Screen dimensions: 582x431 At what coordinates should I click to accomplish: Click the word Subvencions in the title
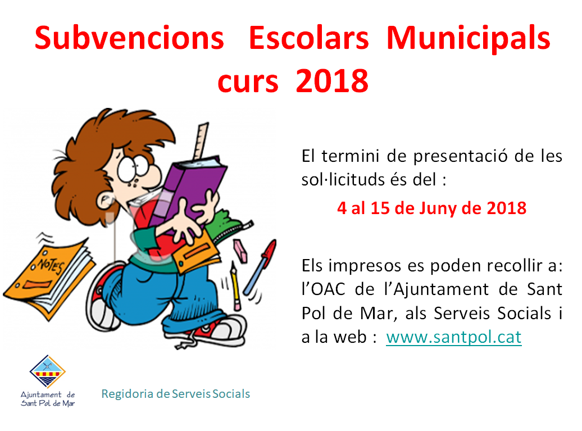point(129,38)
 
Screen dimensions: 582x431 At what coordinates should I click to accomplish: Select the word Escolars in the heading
point(308,38)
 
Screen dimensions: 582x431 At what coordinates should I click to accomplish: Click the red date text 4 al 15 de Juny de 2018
point(431,208)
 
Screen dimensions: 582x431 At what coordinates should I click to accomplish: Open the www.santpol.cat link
point(453,338)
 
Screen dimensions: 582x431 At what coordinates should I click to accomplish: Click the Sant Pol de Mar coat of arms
point(48,371)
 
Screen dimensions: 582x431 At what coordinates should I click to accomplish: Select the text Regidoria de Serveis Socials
point(176,394)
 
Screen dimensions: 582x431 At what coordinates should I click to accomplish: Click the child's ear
point(106,201)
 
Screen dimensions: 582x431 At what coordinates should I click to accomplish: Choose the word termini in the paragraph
point(350,156)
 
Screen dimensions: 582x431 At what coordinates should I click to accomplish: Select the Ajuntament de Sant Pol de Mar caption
point(48,399)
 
